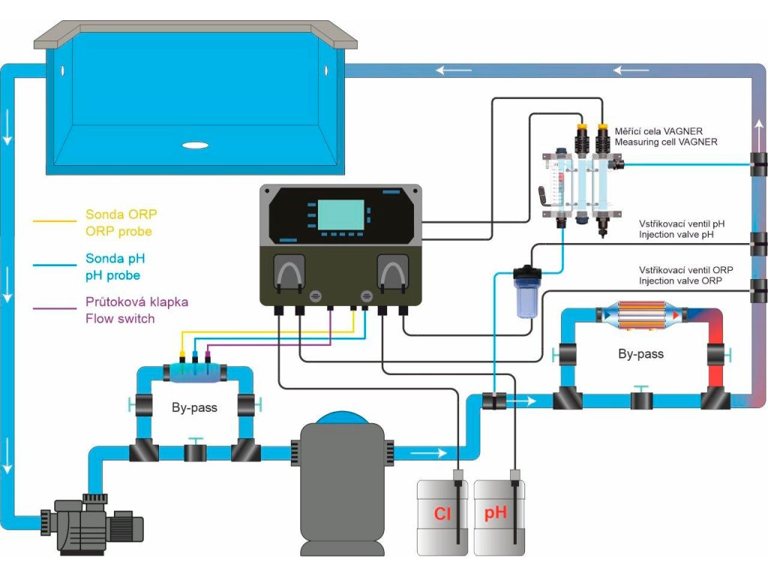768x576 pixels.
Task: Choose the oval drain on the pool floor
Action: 195,146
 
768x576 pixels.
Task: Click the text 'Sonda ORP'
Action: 121,215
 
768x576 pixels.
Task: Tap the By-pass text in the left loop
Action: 194,407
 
